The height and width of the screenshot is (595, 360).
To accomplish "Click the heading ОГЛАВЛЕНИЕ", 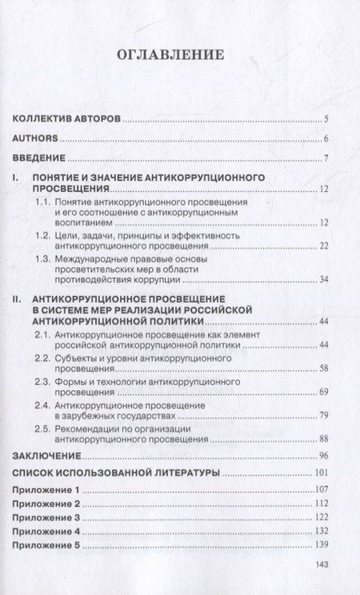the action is (179, 57).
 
